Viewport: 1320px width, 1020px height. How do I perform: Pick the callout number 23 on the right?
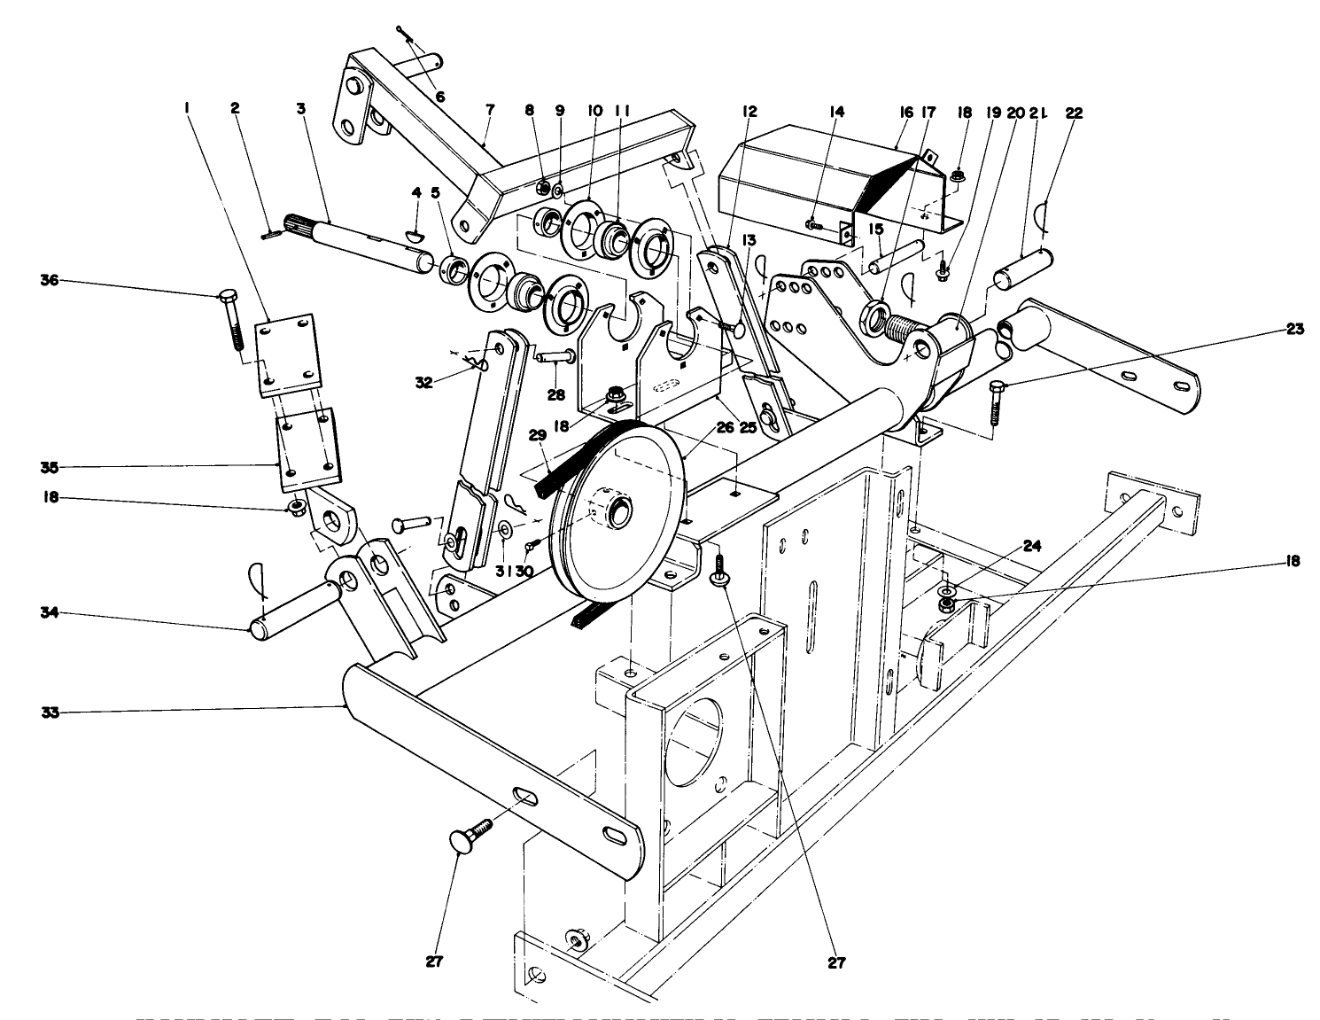[1295, 330]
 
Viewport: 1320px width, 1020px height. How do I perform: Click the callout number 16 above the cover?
[905, 113]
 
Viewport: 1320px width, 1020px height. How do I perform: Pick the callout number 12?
[749, 113]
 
